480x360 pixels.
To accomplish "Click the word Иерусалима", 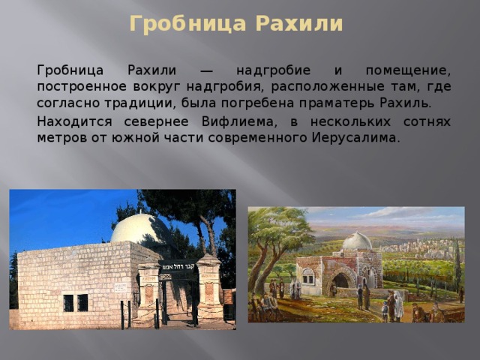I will coord(352,138).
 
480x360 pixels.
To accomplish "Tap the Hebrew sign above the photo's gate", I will coord(179,264).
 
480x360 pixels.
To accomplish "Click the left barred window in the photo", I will coord(68,302).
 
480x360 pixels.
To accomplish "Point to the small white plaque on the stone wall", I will coord(121,286).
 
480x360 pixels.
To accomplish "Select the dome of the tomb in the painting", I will coord(357,241).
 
